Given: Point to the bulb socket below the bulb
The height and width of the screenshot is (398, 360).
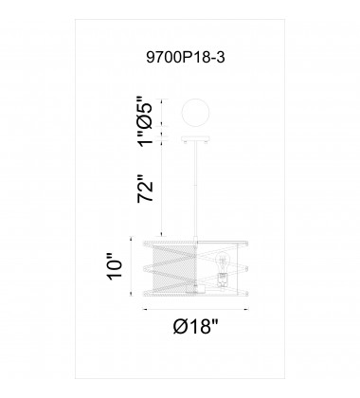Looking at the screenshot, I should pos(221,278).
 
